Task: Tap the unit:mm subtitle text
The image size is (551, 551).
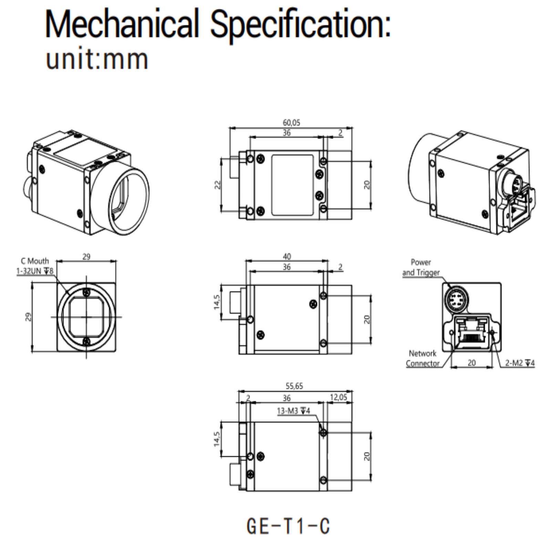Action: [97, 59]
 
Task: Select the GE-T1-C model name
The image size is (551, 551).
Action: [288, 526]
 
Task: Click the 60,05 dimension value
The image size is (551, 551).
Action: [291, 123]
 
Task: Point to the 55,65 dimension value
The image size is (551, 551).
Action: [294, 386]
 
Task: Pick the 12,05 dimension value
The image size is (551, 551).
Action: [339, 397]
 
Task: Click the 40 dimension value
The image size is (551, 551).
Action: [287, 257]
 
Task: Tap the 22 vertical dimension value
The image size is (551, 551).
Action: [217, 185]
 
